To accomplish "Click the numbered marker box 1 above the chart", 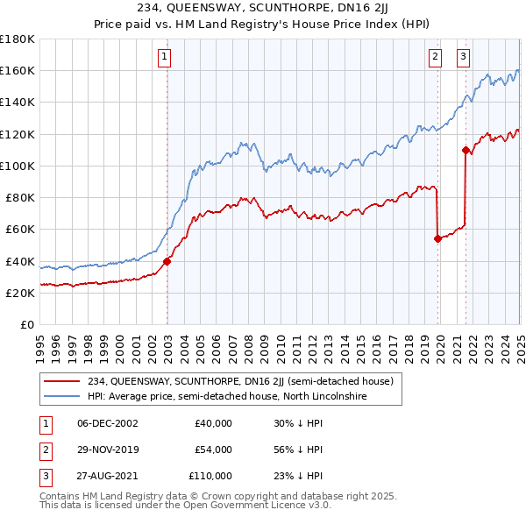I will [165, 58].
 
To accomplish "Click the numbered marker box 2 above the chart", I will [435, 58].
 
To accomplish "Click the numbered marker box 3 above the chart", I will [463, 58].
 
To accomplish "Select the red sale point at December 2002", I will [167, 260].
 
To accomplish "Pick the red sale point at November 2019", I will [437, 237].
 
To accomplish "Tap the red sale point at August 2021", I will [466, 149].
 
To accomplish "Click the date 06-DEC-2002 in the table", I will [107, 423].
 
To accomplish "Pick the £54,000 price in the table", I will [213, 450].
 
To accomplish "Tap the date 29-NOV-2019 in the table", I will [107, 450].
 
